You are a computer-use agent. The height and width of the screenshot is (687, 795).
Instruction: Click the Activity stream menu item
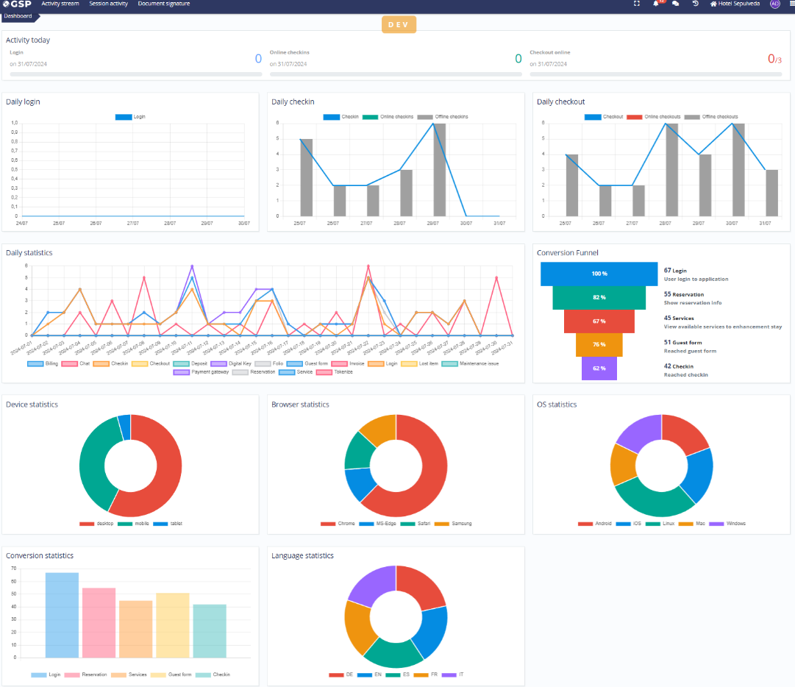(60, 4)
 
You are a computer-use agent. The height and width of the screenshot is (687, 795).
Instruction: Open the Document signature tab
(163, 4)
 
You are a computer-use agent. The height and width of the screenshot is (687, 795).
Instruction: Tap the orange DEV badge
(399, 25)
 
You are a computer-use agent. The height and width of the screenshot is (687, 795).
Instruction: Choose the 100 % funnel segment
(599, 274)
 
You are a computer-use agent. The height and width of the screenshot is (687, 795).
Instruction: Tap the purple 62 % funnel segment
(599, 369)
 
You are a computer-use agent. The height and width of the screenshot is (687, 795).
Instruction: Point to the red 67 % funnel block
(599, 321)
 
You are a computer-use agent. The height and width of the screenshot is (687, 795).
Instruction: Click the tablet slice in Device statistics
(124, 427)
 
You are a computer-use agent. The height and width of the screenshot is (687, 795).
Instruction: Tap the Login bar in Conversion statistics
(62, 614)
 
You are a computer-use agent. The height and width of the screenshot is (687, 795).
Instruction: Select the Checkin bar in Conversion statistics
(210, 630)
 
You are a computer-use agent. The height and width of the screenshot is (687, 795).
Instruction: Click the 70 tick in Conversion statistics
(14, 569)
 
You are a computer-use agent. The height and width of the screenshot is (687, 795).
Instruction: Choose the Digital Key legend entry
(235, 363)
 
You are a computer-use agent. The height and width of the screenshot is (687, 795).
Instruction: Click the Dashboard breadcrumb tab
(18, 15)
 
